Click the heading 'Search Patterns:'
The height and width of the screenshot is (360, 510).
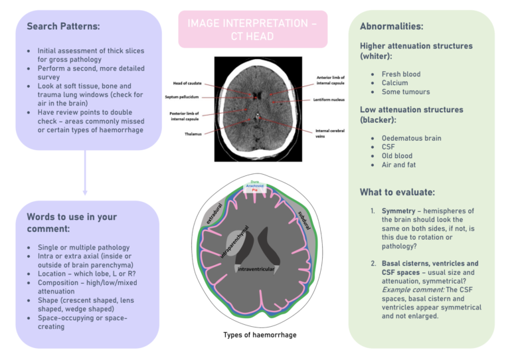(x=63, y=27)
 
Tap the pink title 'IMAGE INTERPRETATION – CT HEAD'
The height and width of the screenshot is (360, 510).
(x=252, y=29)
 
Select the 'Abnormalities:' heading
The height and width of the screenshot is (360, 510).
(x=391, y=27)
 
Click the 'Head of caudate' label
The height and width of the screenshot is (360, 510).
(x=187, y=83)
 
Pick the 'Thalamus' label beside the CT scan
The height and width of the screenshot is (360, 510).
(x=194, y=134)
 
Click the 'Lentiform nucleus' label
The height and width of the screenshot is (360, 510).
(x=328, y=100)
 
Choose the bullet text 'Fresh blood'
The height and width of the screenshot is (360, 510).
(x=401, y=74)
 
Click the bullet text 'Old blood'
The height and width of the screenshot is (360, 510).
(x=398, y=155)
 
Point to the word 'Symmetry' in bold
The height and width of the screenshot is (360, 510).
(x=398, y=210)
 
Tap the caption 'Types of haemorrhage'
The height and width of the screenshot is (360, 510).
(x=260, y=335)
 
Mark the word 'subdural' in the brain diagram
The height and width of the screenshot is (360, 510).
(x=303, y=217)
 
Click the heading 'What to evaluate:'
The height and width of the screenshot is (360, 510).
(x=397, y=192)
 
